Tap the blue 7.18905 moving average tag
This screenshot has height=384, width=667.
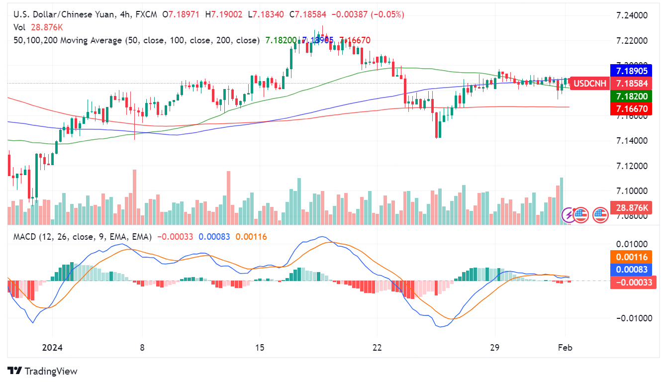[631, 71]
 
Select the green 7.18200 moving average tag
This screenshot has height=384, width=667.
[631, 96]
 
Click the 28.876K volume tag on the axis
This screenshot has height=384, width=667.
[631, 207]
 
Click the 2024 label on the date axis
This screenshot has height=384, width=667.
[52, 347]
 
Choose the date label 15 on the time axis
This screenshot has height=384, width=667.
[259, 347]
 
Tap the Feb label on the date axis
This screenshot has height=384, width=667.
[565, 347]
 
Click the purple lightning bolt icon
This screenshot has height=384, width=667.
[568, 215]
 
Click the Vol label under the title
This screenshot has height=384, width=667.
[19, 27]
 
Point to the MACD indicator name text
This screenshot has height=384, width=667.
[24, 237]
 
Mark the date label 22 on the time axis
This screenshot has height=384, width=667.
[377, 347]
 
